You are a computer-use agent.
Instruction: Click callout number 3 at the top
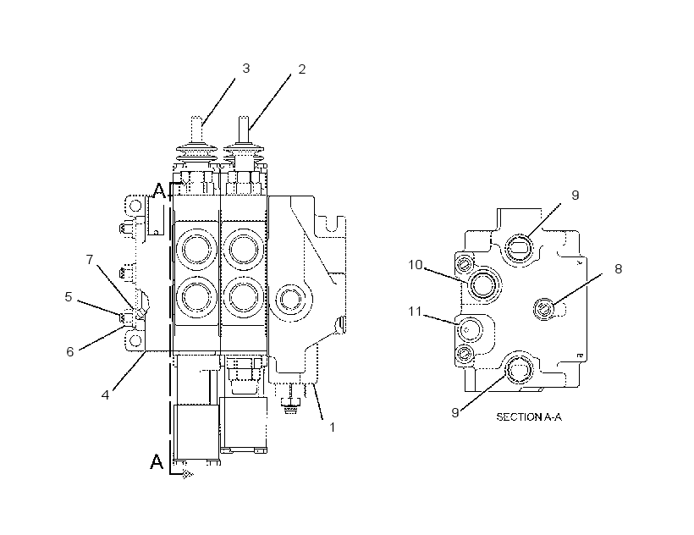pyautogui.click(x=246, y=69)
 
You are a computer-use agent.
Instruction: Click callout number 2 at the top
pyautogui.click(x=302, y=69)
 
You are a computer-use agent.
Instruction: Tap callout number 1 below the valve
pyautogui.click(x=332, y=427)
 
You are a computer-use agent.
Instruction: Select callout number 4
pyautogui.click(x=105, y=394)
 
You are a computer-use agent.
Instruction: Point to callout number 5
pyautogui.click(x=69, y=296)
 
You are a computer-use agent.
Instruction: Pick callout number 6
pyautogui.click(x=70, y=351)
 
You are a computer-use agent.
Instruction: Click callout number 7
pyautogui.click(x=90, y=259)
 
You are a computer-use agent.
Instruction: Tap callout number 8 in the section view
pyautogui.click(x=619, y=268)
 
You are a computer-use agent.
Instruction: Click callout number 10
pyautogui.click(x=416, y=265)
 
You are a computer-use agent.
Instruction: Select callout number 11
pyautogui.click(x=415, y=312)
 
